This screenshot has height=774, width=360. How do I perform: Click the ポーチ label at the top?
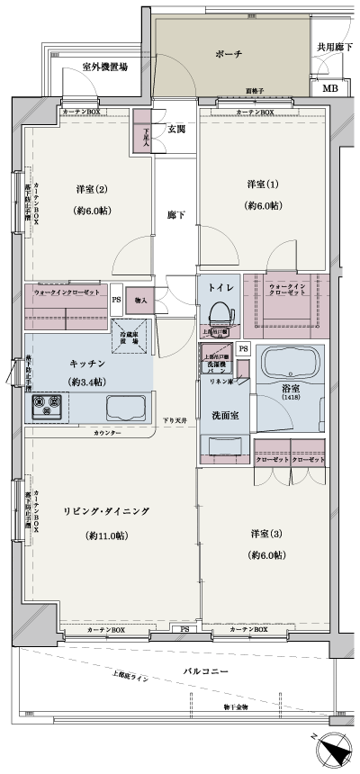click(229, 53)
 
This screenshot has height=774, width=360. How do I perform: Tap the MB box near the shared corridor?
click(330, 89)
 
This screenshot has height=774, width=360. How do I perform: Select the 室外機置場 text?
click(104, 67)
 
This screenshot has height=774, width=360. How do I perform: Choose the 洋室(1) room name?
click(264, 184)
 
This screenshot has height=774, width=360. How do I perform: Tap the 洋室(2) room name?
click(92, 189)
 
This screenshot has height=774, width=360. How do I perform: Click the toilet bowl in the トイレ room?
click(217, 314)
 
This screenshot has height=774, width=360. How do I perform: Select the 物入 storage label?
click(141, 300)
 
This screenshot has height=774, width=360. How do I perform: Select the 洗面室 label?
click(224, 417)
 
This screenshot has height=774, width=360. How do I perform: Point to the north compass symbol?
click(332, 751)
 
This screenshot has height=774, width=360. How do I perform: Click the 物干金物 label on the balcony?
click(238, 707)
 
